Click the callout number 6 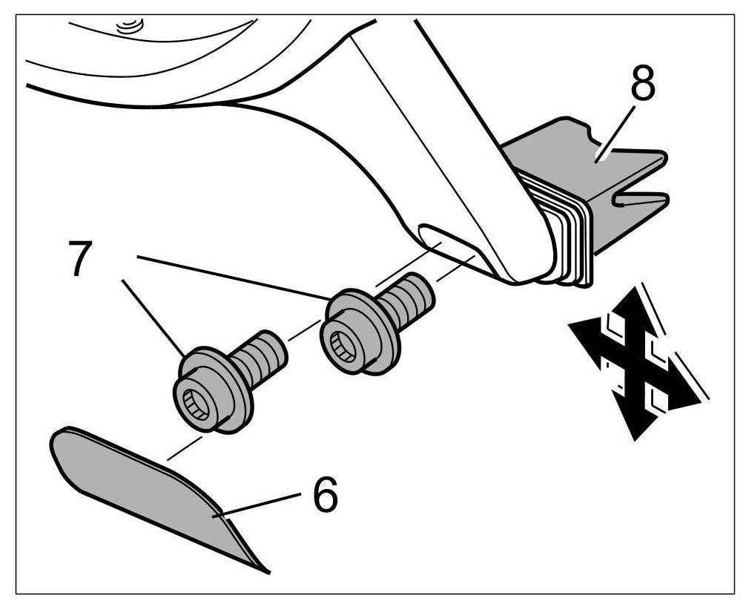coord(325,495)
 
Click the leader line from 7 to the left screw coord(152,315)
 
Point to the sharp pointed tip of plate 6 coord(267,571)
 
